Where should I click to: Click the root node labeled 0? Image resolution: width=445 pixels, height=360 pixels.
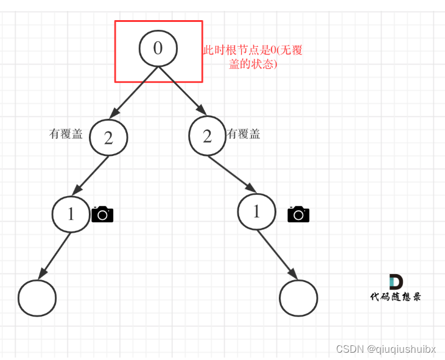(x=158, y=48)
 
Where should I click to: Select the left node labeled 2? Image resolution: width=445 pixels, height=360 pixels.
(x=108, y=138)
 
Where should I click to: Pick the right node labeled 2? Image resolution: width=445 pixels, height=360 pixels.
(x=207, y=136)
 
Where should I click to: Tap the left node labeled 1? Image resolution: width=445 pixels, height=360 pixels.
(x=71, y=214)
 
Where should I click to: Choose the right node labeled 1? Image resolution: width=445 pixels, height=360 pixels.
(x=256, y=211)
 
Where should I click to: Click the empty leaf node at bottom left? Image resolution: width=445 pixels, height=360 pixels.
(x=37, y=298)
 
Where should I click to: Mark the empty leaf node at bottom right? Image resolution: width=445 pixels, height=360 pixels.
(x=298, y=298)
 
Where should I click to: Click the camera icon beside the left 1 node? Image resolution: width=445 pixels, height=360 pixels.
(x=102, y=214)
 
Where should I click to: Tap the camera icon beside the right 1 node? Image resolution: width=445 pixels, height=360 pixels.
(x=298, y=214)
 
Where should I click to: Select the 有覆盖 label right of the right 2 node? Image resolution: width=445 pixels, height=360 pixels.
(x=244, y=134)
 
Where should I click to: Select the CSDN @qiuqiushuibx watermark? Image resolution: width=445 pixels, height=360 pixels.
(x=386, y=349)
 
